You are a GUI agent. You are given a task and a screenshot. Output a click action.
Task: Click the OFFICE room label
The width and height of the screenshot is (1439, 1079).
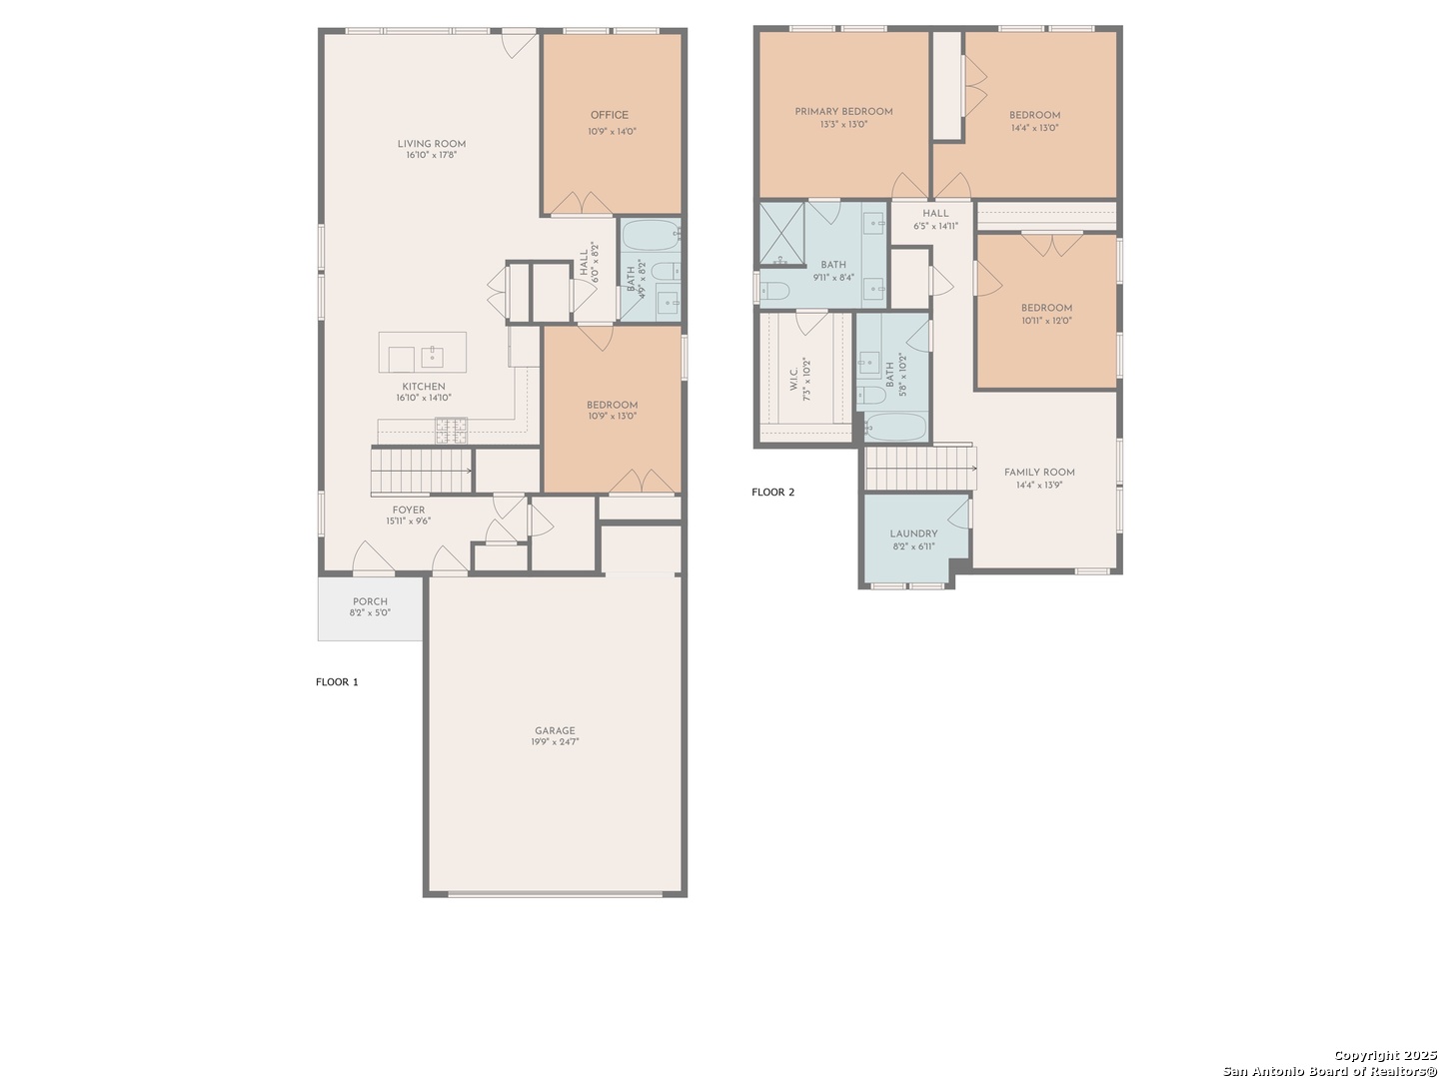coord(609,115)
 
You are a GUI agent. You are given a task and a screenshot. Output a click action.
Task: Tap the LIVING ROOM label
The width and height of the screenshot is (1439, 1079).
coord(432,144)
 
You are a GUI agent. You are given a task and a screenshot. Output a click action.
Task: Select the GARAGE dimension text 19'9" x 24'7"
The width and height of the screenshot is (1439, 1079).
coord(555,742)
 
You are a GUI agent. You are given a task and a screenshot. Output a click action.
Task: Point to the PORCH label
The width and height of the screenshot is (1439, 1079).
coord(370,601)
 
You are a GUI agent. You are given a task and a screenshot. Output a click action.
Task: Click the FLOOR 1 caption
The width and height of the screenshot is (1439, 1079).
coord(337,682)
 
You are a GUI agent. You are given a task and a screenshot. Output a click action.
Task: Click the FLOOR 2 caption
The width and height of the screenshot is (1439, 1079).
coord(772,492)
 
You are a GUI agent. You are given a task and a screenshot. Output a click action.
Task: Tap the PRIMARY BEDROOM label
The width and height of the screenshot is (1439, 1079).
coord(843,112)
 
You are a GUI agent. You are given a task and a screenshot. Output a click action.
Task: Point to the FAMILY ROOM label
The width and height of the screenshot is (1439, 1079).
coord(1039,473)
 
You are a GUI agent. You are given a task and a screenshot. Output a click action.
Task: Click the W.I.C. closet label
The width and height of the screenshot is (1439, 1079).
coord(793,379)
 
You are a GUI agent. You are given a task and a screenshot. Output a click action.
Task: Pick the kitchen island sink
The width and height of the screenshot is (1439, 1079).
coord(432,358)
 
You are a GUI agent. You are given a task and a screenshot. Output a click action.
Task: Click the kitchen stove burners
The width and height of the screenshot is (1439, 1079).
coord(452,430)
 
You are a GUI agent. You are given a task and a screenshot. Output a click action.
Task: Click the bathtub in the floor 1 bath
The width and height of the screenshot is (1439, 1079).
coord(651,235)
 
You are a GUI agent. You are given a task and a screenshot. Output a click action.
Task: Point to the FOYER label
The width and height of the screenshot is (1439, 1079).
coord(409,511)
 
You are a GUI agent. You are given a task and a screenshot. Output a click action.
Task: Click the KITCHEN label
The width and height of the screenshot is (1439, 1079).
coord(424,388)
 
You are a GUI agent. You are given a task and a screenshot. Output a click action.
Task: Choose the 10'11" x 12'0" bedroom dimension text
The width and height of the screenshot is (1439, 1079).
coord(1046,321)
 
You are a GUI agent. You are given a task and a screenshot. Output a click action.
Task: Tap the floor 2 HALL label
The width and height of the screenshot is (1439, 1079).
coord(935,214)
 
